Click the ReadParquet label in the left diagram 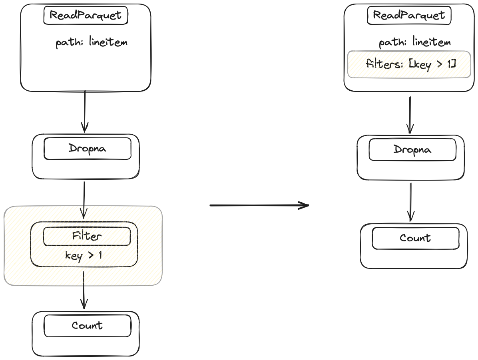(x=85, y=16)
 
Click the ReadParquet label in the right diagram (x=408, y=16)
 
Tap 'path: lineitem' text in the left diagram (x=92, y=43)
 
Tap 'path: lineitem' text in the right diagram (x=414, y=42)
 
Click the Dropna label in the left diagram (x=87, y=149)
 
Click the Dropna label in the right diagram (x=412, y=150)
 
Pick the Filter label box (x=87, y=236)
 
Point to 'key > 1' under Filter (x=84, y=256)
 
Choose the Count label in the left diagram (x=87, y=325)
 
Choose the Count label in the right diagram (x=415, y=238)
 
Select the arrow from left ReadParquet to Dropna (x=85, y=112)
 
